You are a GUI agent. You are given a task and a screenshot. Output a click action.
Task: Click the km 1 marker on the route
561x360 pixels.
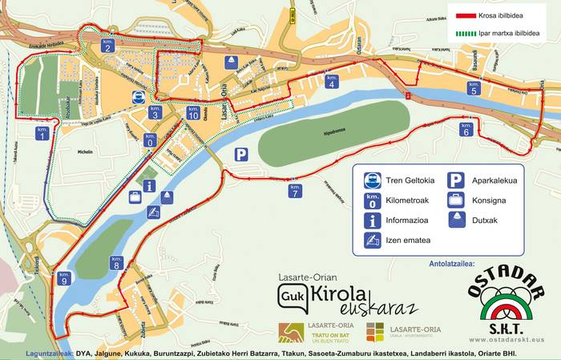tap(41, 134)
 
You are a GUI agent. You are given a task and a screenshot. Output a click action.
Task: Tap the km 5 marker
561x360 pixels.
tap(474, 88)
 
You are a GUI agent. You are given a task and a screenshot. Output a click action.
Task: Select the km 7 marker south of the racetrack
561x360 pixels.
tap(295, 191)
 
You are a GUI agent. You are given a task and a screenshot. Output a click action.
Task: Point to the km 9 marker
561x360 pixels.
tap(65, 278)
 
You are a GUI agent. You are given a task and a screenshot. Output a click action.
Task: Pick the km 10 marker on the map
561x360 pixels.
tap(192, 113)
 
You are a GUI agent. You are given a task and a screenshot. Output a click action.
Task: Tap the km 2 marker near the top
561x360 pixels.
tap(107, 46)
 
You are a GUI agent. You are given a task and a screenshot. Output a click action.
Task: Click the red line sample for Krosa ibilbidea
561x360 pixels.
tap(466, 14)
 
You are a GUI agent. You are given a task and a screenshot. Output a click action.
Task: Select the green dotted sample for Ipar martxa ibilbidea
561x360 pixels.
tap(466, 34)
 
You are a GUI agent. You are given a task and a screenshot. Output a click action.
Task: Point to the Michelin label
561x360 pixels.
tap(85, 151)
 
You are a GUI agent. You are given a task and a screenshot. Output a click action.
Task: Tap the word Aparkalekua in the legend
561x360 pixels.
tap(494, 180)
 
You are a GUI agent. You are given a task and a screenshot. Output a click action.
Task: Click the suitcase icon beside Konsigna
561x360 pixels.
tap(455, 200)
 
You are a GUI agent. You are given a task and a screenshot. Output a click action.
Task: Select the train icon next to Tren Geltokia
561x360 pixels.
tap(372, 180)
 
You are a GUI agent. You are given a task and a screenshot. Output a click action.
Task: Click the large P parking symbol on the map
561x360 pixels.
tap(240, 155)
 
